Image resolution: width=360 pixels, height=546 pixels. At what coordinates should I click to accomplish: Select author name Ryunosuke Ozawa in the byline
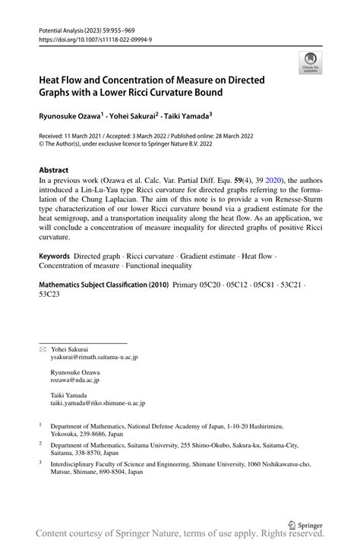(70, 117)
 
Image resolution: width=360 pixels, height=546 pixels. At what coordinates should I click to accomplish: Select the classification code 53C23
(50, 296)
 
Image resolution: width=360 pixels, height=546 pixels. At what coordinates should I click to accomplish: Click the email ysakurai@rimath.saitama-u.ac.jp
(94, 357)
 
